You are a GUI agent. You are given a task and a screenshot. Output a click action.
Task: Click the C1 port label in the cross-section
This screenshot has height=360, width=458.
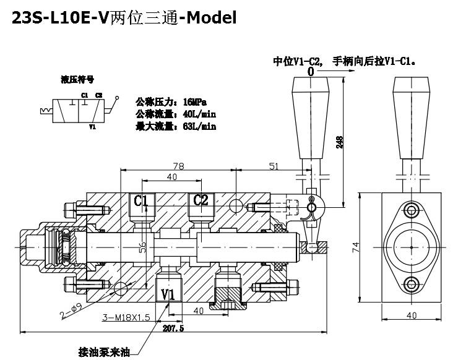[141, 200]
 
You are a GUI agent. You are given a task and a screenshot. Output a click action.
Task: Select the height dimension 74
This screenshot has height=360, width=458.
[355, 247]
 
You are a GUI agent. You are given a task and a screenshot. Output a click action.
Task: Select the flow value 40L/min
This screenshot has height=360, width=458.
[199, 114]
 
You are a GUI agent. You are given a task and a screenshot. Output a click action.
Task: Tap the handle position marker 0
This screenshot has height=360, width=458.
[309, 71]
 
